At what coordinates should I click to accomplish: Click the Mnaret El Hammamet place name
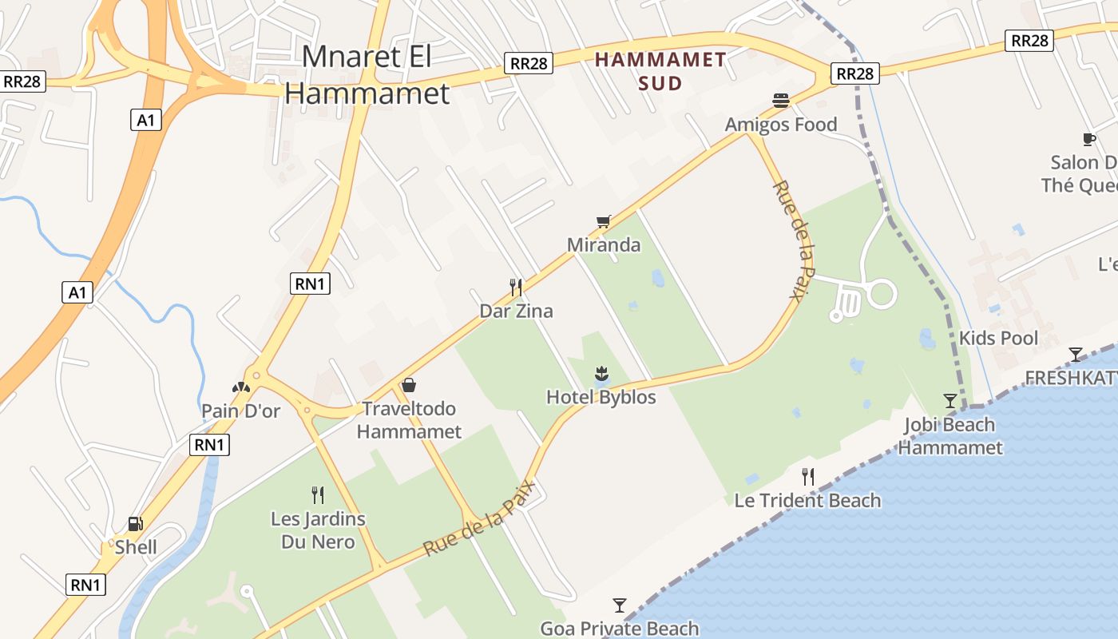367,75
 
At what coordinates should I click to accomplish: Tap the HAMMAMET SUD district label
660,71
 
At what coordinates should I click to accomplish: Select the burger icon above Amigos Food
781,101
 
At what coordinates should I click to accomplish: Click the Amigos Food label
780,125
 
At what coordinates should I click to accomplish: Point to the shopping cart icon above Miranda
604,221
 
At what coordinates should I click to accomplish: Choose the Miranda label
604,245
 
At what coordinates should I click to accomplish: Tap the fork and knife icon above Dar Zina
516,288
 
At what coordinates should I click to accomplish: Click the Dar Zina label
516,312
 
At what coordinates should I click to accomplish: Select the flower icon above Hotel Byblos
601,373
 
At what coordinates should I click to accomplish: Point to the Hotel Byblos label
601,397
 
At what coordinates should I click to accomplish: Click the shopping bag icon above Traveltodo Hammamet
409,385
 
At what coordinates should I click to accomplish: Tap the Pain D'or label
241,411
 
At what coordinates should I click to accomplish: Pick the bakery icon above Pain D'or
241,387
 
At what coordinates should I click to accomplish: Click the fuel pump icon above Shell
136,524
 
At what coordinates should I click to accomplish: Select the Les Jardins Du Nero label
318,530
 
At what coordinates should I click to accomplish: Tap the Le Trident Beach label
807,501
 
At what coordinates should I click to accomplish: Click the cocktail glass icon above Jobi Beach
950,400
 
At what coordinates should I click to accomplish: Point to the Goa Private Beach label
620,629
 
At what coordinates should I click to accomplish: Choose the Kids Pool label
998,338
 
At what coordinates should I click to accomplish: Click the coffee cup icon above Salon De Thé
1088,140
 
